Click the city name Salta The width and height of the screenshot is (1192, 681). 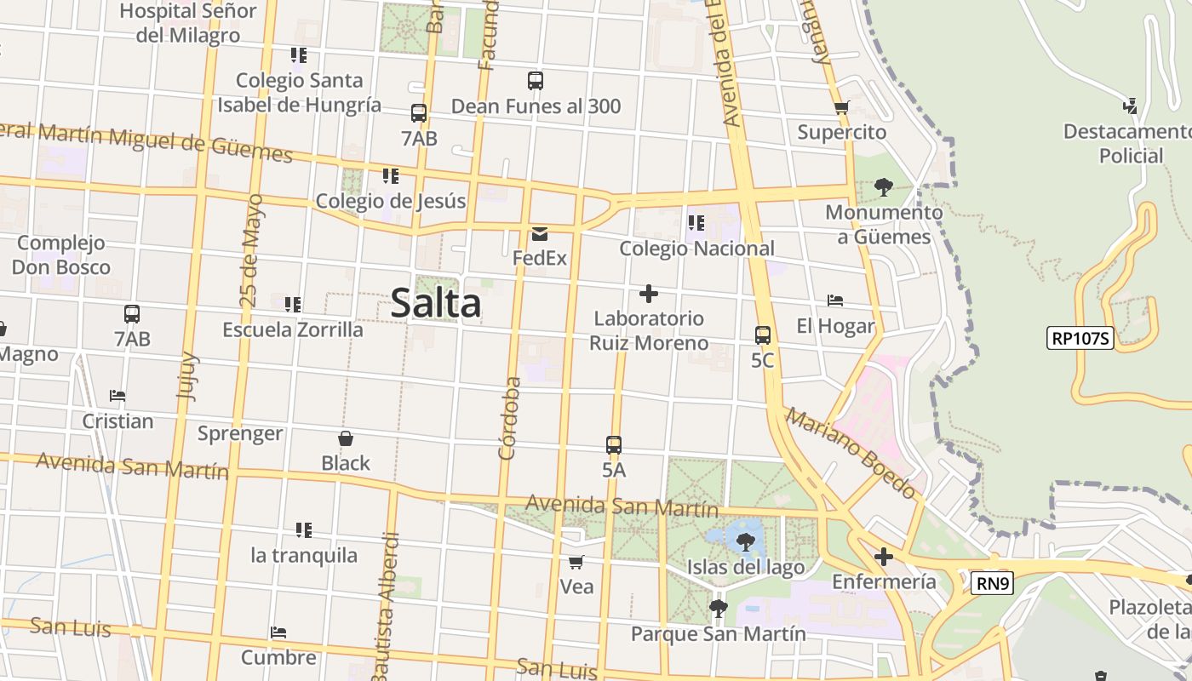click(436, 303)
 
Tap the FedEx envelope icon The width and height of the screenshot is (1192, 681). click(540, 234)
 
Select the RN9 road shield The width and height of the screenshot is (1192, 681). click(992, 583)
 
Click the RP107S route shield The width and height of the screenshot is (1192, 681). click(1080, 338)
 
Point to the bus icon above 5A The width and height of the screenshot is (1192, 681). click(614, 444)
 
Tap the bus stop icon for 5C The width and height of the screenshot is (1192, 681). click(763, 335)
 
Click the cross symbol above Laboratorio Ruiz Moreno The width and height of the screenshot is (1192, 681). click(649, 294)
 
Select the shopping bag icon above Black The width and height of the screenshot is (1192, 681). click(346, 438)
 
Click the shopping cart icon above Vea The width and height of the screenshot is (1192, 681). click(576, 562)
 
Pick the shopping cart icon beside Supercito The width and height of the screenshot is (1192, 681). click(842, 107)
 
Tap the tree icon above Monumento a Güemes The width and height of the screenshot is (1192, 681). click(884, 186)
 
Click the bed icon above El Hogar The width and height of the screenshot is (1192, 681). click(835, 300)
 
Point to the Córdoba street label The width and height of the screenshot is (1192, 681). click(509, 418)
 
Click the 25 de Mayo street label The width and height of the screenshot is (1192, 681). click(251, 250)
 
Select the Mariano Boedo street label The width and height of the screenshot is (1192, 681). click(851, 453)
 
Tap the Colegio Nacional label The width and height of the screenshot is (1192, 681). click(696, 249)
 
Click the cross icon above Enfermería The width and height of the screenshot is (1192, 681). click(884, 557)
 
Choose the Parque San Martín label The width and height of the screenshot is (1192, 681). click(718, 634)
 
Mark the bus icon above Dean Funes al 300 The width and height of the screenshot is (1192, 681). click(536, 81)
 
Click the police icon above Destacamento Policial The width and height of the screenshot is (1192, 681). click(1131, 106)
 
